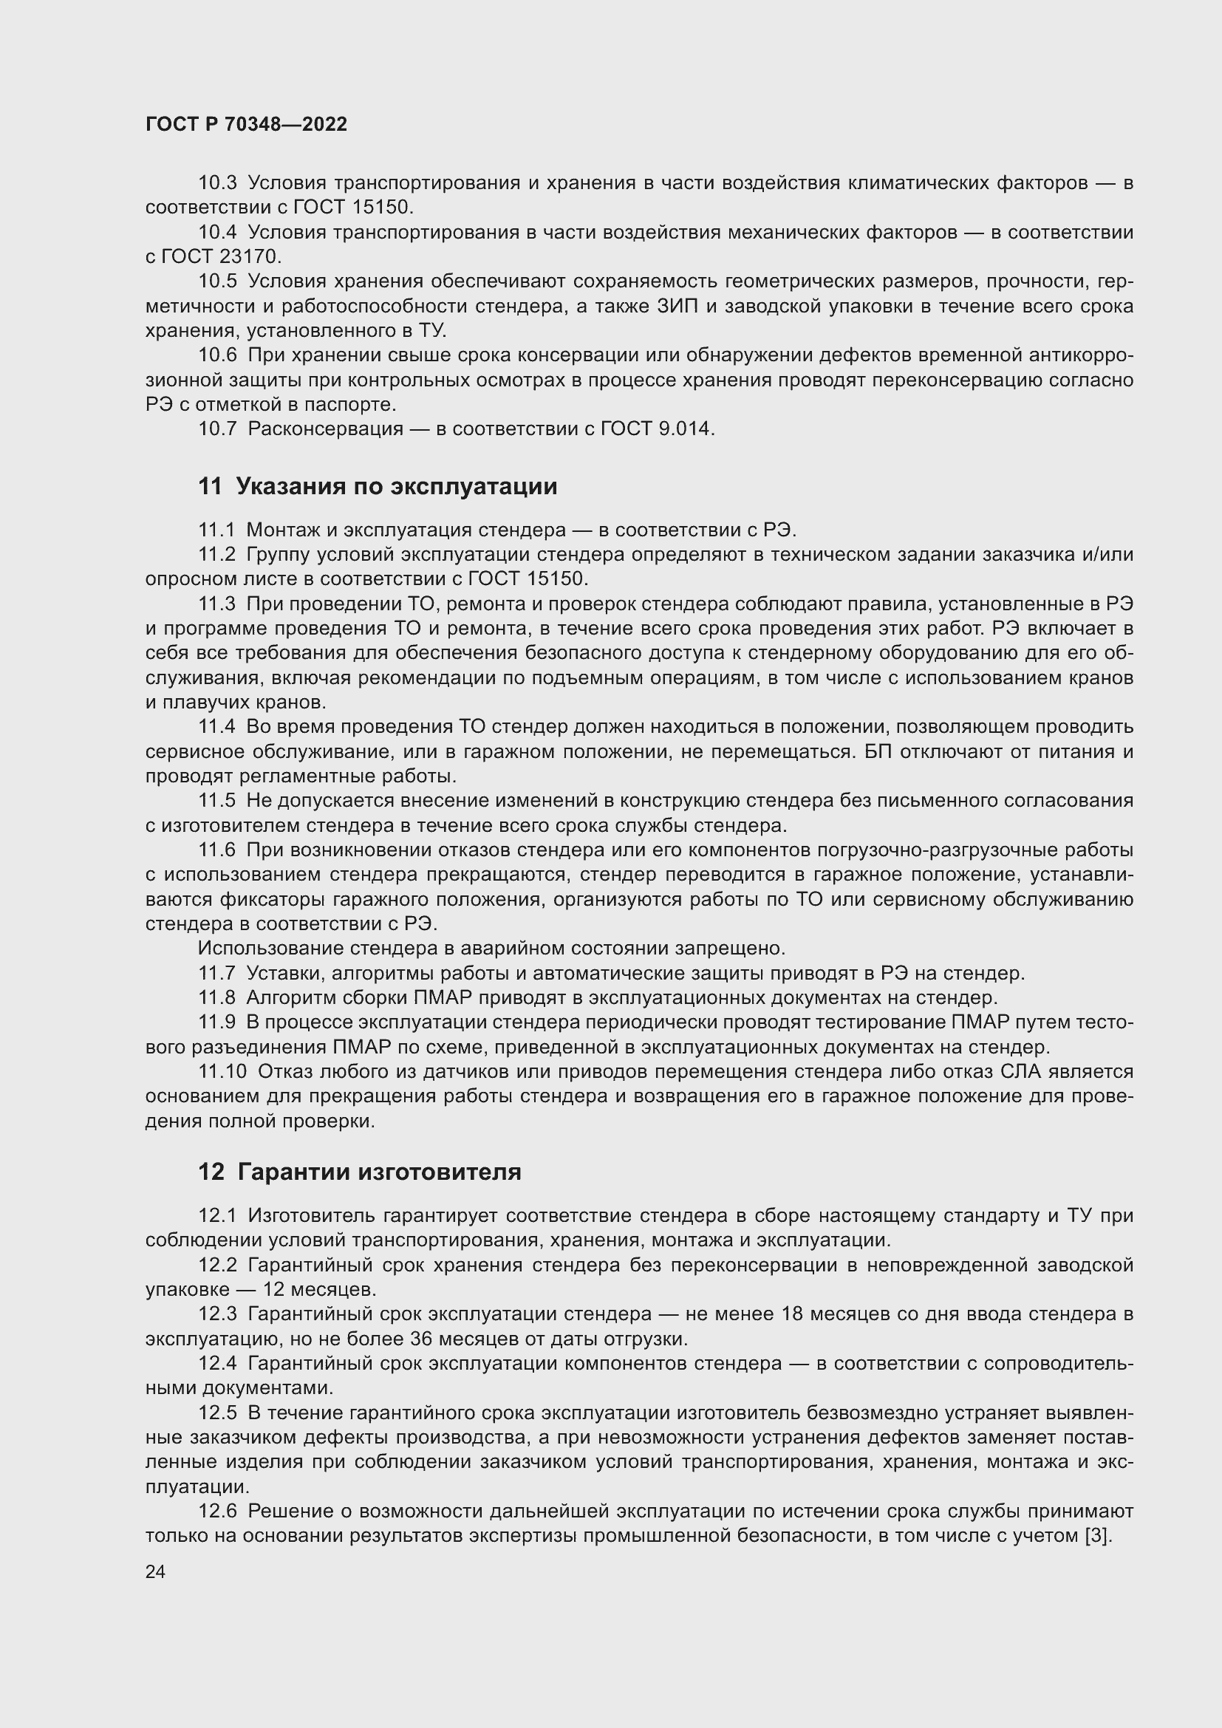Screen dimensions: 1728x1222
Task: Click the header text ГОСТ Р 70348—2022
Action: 246,124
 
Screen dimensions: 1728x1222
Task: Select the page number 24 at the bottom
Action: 155,1571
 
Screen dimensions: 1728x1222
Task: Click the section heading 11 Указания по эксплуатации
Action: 377,486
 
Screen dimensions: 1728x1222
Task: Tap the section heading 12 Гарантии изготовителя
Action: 359,1172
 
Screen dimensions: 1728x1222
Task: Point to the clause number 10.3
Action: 216,183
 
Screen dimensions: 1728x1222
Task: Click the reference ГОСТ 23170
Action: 220,256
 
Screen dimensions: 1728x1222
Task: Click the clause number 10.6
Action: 216,355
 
